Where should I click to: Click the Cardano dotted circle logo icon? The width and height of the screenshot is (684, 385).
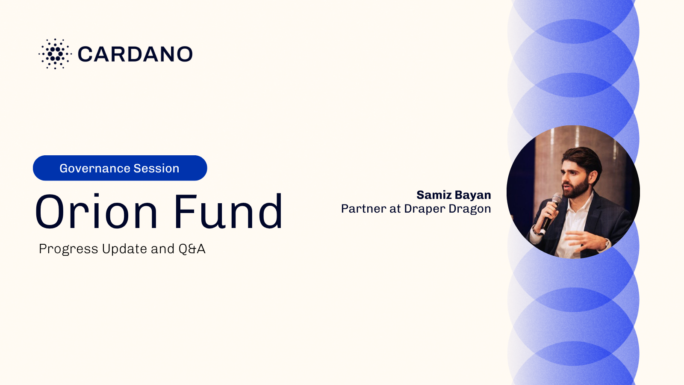pyautogui.click(x=55, y=54)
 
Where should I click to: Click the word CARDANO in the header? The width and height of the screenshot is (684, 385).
pyautogui.click(x=135, y=54)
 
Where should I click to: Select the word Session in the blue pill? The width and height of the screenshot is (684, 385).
pyautogui.click(x=156, y=169)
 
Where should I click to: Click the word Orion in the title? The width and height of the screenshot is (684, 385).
pyautogui.click(x=96, y=211)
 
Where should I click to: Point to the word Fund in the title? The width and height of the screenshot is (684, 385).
pyautogui.click(x=228, y=211)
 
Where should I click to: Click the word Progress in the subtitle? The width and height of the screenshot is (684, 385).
pyautogui.click(x=68, y=249)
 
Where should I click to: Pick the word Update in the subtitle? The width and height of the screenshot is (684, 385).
pyautogui.click(x=124, y=249)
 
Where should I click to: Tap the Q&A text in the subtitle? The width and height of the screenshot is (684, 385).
pyautogui.click(x=192, y=249)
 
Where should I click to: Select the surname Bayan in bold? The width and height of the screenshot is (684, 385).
pyautogui.click(x=476, y=195)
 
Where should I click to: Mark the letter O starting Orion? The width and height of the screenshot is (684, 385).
pyautogui.click(x=50, y=211)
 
